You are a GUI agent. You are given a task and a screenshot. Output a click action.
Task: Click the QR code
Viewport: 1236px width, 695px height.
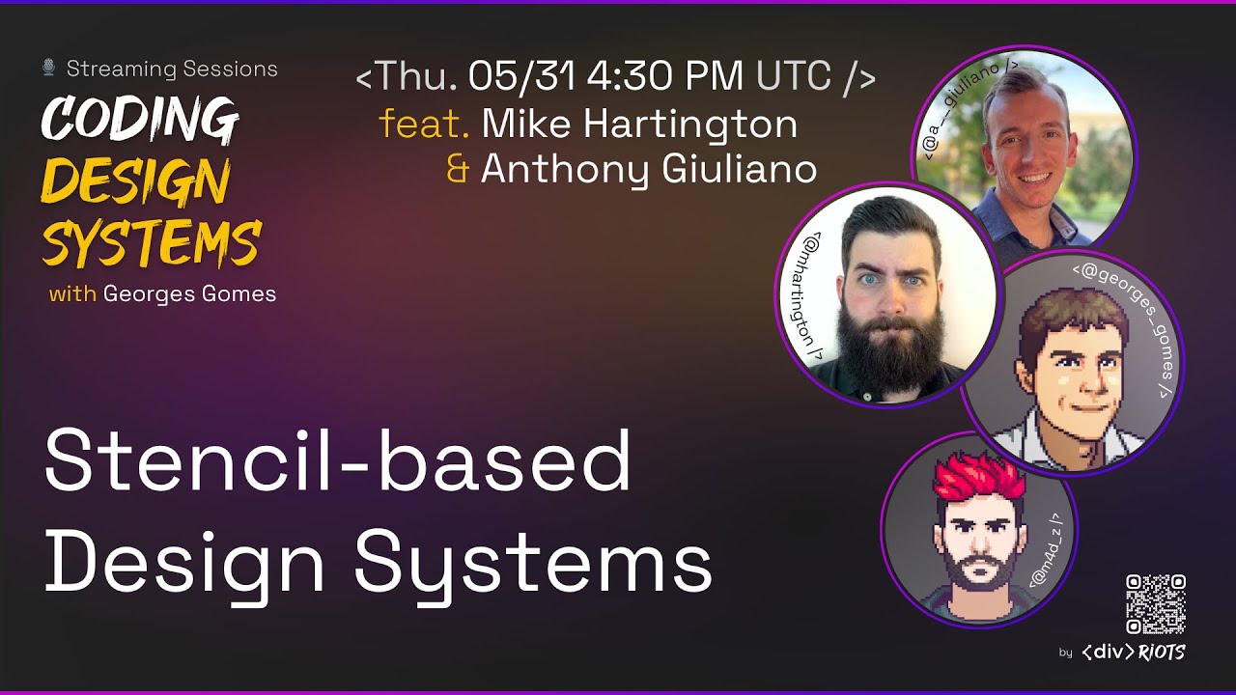[x=1155, y=604]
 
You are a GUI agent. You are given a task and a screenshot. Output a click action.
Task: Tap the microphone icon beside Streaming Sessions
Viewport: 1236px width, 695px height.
[x=48, y=68]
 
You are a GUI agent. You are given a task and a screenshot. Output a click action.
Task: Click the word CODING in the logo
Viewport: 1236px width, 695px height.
[x=140, y=121]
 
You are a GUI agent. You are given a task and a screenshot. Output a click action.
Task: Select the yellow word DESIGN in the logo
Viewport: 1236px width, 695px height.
[x=135, y=181]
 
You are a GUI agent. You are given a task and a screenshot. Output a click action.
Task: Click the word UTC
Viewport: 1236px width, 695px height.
[x=794, y=77]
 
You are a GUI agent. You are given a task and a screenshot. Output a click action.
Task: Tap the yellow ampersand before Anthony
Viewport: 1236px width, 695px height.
[x=458, y=170]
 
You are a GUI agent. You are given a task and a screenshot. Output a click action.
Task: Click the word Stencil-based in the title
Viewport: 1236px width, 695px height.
[x=337, y=461]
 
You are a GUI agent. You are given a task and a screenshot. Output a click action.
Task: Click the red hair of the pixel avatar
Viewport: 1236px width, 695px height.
[x=977, y=476]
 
